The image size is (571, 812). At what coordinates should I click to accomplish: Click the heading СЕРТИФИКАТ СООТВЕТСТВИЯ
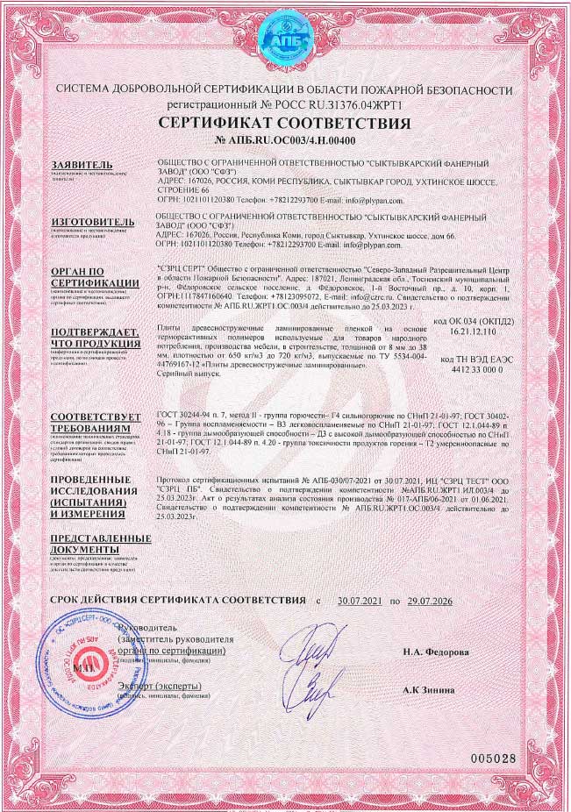click(285, 124)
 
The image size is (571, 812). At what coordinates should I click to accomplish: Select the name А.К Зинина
click(429, 690)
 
